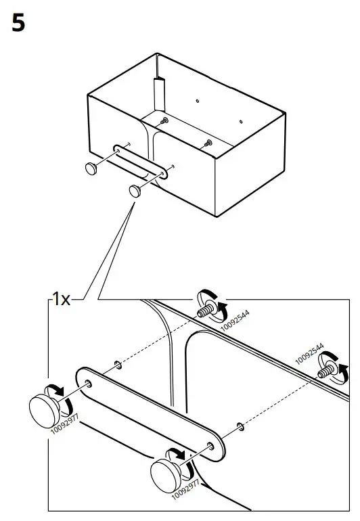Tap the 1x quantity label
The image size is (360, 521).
(x=62, y=299)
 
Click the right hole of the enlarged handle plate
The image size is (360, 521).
(x=212, y=447)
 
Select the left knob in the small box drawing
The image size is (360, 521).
(x=91, y=167)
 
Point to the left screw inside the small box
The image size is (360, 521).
(x=165, y=120)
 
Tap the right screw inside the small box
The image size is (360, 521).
(x=208, y=142)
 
